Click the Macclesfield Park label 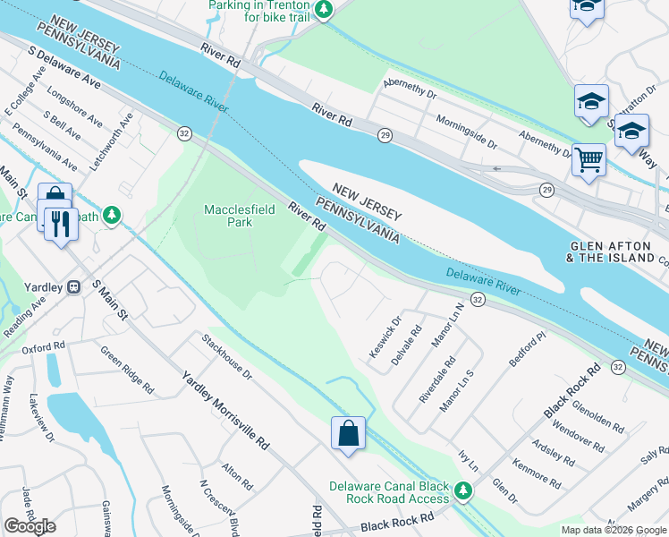229,216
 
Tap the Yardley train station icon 75,287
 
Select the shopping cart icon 589,160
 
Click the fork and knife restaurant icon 61,223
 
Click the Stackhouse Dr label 227,357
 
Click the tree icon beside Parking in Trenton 326,10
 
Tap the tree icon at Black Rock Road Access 462,490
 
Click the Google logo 30,526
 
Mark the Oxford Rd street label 44,346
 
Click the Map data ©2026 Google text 614,530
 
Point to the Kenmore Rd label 537,474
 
